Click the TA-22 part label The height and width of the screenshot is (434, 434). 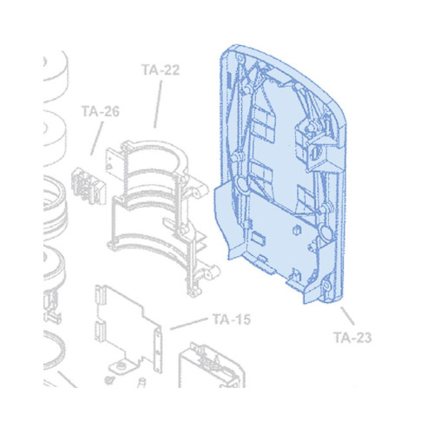(x=161, y=69)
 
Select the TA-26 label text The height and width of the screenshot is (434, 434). (x=101, y=111)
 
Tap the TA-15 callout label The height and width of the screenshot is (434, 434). (x=232, y=319)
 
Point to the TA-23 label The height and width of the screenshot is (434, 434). (x=352, y=338)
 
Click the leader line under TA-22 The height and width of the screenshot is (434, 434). (x=158, y=104)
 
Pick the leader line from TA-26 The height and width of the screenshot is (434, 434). (x=97, y=138)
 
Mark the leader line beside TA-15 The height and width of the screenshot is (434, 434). (x=189, y=324)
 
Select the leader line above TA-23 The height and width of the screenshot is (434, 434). (x=347, y=316)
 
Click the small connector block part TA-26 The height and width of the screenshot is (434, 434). (x=89, y=186)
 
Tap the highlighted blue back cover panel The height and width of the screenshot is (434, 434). (x=280, y=174)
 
